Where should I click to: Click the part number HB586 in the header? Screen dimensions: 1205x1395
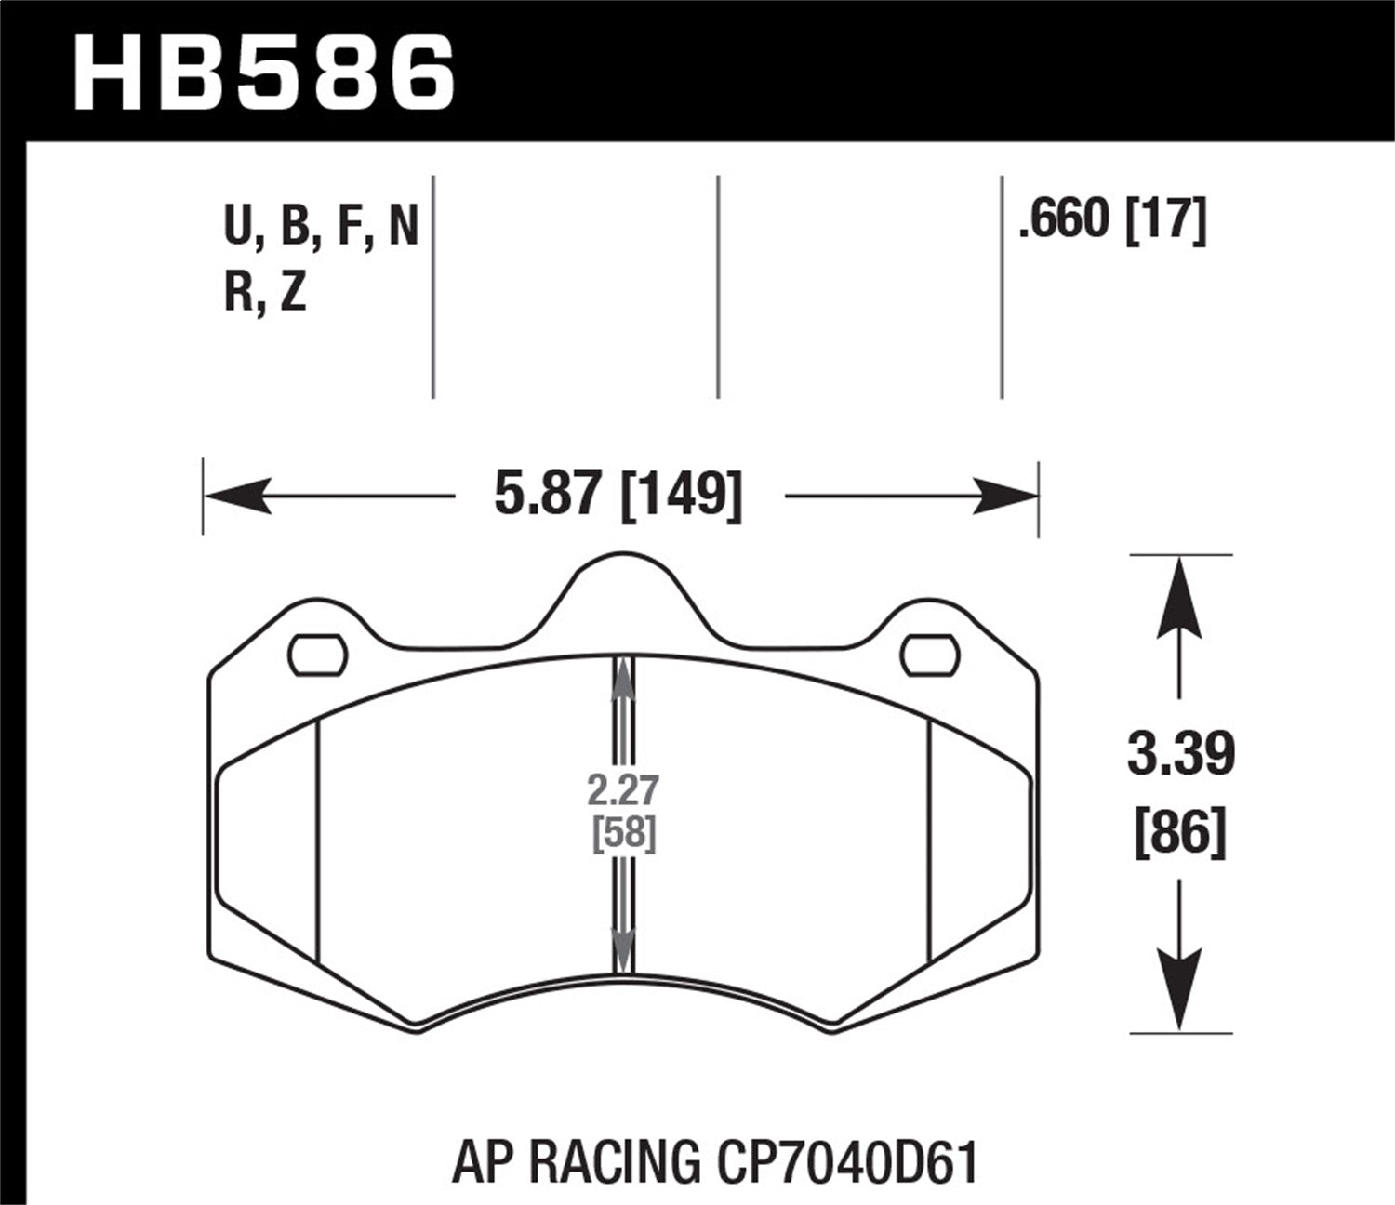(264, 72)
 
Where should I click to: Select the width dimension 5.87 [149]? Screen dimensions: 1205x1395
(618, 496)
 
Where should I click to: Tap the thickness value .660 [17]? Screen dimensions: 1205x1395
(1112, 220)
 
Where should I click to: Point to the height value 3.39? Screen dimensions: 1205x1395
(1180, 754)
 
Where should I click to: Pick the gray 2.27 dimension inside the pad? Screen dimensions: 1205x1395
(623, 790)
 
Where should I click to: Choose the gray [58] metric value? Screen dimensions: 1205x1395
(624, 832)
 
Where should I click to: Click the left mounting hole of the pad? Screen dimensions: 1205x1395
(318, 655)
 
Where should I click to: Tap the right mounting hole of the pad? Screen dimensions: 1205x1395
(930, 655)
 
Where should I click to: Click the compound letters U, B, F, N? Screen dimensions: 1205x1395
(321, 226)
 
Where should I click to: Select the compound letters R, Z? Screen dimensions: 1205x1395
(265, 293)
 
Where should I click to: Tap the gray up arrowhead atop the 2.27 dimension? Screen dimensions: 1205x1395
(623, 679)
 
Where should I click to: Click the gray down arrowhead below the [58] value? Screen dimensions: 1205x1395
(623, 948)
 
